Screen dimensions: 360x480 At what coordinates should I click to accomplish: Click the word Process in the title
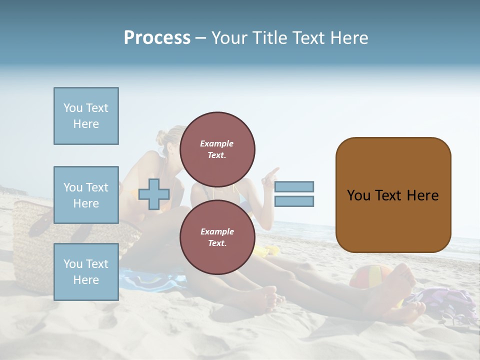[x=157, y=38]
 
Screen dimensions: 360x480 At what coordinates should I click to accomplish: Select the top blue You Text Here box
[x=86, y=116]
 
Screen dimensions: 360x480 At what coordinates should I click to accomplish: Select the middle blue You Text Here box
[x=86, y=195]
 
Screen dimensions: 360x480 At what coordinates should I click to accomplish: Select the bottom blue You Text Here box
[x=86, y=272]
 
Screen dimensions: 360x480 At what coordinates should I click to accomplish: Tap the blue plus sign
[x=154, y=194]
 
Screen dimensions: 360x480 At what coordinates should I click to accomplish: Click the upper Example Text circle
[x=217, y=149]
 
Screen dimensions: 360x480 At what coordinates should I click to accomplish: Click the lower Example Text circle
[x=217, y=237]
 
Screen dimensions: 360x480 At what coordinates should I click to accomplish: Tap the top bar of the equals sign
[x=294, y=187]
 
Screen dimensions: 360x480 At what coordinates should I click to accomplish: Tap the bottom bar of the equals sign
[x=294, y=201]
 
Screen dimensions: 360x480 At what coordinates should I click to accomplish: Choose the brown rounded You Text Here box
[x=393, y=195]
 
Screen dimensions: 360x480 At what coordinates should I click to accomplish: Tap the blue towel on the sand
[x=150, y=280]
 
